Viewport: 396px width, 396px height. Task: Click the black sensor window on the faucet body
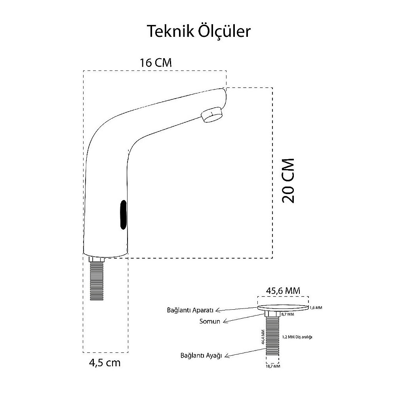(123, 215)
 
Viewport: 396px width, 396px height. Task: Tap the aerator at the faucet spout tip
(212, 115)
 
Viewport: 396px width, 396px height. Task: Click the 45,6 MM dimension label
(283, 290)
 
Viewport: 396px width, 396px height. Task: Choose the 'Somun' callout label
(209, 322)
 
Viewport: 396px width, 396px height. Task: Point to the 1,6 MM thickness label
(316, 307)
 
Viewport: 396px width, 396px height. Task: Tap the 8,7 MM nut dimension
(287, 314)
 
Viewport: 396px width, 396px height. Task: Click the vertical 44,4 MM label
(263, 337)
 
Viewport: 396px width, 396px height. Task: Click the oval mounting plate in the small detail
(283, 307)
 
